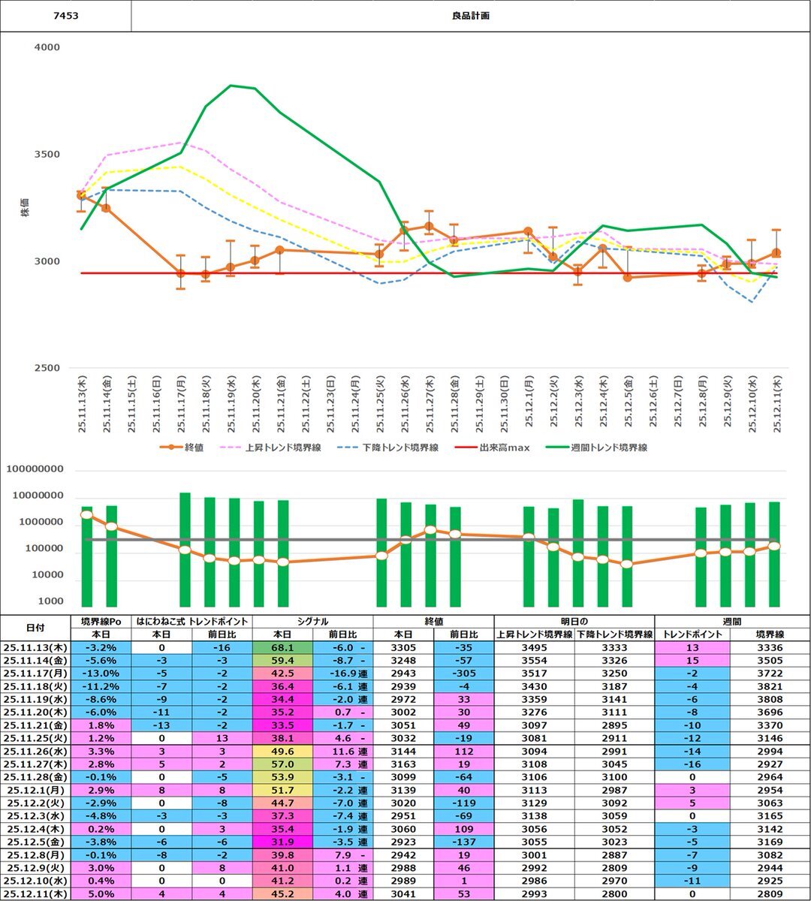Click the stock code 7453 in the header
pos(65,16)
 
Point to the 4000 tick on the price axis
pos(47,47)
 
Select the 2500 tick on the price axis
pos(47,369)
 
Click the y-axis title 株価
pos(26,208)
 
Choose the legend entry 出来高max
pos(504,447)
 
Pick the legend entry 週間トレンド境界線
pos(608,447)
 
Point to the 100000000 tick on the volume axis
pos(46,470)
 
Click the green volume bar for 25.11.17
pos(185,550)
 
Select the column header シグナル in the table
pos(312,622)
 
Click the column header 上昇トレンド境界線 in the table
pos(534,634)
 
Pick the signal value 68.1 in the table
pos(282,647)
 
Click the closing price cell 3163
pos(403,764)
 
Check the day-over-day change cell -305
pos(463,673)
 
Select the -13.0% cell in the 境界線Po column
pos(100,673)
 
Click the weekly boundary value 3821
pos(770,686)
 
